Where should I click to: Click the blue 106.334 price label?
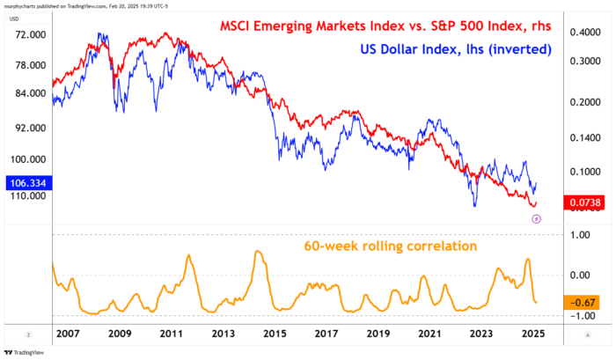point(26,183)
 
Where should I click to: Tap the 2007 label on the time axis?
point(66,334)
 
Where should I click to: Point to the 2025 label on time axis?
point(532,334)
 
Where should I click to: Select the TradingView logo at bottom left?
point(27,351)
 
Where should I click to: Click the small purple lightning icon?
point(537,218)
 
